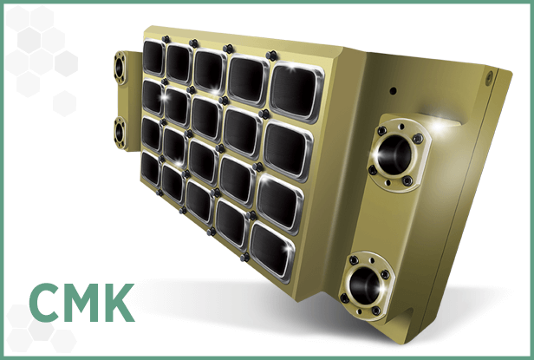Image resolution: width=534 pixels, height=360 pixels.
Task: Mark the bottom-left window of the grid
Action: [x=151, y=167]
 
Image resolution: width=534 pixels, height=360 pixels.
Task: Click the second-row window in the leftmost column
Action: [x=153, y=95]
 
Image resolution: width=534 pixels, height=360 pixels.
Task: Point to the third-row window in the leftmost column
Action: [x=152, y=133]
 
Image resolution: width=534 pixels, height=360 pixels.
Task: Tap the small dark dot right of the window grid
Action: [x=393, y=90]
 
